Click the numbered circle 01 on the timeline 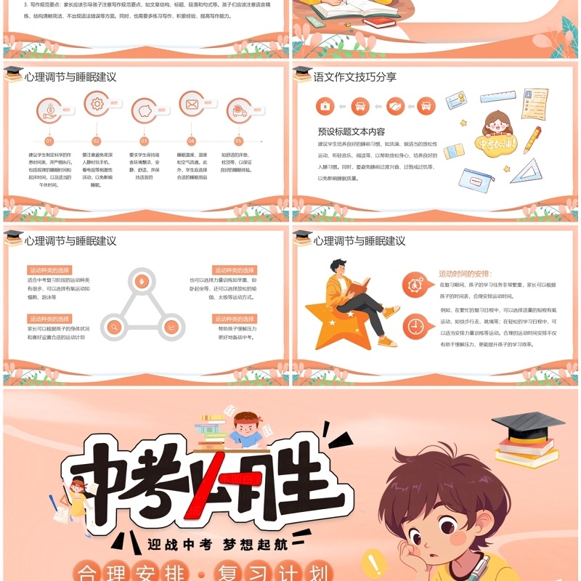point(49,142)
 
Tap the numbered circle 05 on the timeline point(238,142)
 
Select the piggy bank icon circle point(144,110)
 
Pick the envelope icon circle point(192,105)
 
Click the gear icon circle point(97,105)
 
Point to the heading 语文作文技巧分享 point(355,77)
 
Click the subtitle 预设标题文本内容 point(352,131)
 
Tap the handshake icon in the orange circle point(396,106)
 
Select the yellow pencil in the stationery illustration point(532,139)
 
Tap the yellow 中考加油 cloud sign point(496,143)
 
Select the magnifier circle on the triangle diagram point(113,328)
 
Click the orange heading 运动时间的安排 point(466,274)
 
